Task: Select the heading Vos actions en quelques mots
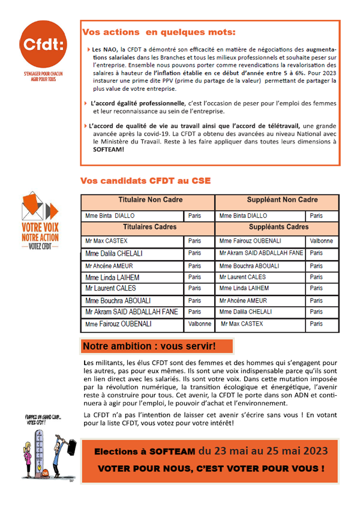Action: point(159,32)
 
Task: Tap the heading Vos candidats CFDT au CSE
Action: point(145,181)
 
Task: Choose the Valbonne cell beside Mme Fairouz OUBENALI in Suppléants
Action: point(322,241)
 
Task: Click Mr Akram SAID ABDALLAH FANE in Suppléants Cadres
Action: point(261,253)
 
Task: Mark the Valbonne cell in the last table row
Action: point(200,324)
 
